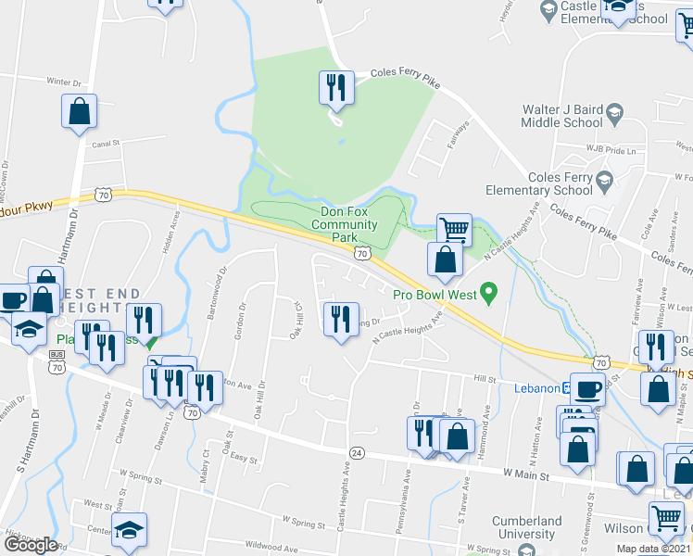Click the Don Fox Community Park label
coord(344,224)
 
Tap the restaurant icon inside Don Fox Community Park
coord(335,88)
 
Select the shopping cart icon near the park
coord(453,228)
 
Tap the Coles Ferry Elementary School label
coord(560,183)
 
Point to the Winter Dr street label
coord(65,82)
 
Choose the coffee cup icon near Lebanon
coord(586,388)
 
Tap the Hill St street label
coord(485,379)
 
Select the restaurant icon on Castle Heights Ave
coord(340,318)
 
